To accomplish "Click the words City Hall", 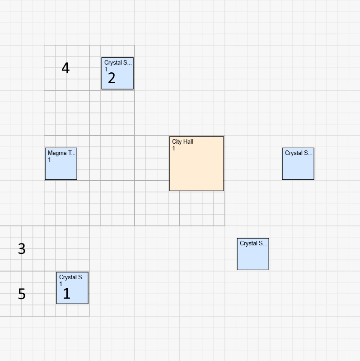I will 182,142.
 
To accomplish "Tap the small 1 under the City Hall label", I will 173,149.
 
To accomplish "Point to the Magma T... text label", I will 62,153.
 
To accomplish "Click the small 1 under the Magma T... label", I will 49,160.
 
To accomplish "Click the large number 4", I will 65,68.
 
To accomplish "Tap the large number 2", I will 112,78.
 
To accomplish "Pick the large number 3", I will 22,248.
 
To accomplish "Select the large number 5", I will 22,294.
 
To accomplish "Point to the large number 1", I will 66,294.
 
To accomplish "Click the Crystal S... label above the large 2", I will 118,63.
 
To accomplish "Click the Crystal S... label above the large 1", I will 73,277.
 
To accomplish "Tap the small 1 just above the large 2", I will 106,70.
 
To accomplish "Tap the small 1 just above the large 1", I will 61,284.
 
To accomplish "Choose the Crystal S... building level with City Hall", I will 298,167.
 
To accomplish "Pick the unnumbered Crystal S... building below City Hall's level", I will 253,258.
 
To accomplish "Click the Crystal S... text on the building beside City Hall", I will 299,153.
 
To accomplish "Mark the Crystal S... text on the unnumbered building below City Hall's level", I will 253,244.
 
